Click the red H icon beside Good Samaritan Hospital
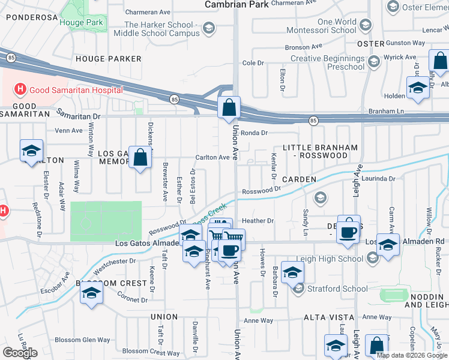tap(20, 90)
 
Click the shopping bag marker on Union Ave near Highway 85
tap(229, 109)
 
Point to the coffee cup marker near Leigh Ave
tap(348, 231)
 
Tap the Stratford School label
tap(337, 289)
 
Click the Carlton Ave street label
tap(212, 157)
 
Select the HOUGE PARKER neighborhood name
tap(108, 59)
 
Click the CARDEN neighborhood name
tap(298, 179)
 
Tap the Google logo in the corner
tap(20, 353)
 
